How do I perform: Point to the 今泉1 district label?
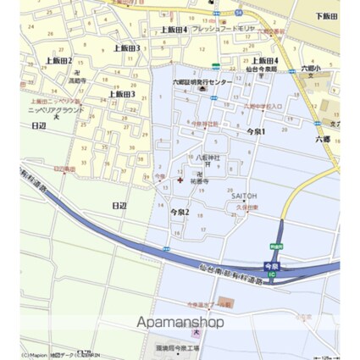(x=256, y=131)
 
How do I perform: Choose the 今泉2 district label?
(x=180, y=211)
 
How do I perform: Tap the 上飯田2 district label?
(x=58, y=60)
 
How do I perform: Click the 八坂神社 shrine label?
(x=208, y=158)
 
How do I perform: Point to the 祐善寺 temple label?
(x=200, y=180)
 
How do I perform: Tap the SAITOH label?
(x=244, y=196)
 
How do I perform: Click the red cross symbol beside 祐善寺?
(x=186, y=179)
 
